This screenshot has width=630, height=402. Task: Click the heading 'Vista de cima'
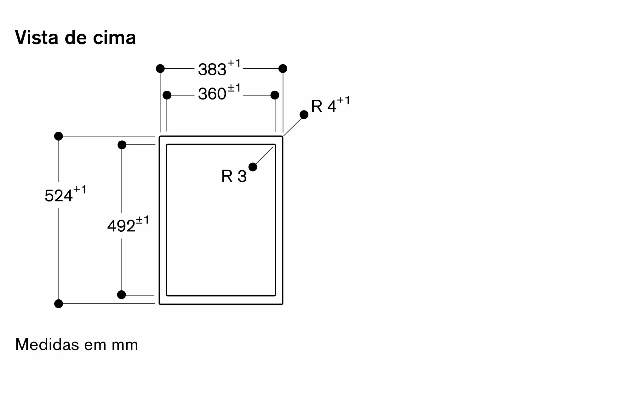(75, 37)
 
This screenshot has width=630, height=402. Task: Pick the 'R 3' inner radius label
(234, 176)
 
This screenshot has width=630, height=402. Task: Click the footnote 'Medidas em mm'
(77, 344)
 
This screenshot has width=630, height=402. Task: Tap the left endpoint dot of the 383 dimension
(160, 68)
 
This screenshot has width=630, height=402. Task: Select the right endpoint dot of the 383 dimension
(283, 68)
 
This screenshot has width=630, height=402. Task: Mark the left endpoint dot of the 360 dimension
(167, 95)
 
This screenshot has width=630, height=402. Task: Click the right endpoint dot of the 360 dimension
(275, 95)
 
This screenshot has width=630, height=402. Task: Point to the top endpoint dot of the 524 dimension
(59, 136)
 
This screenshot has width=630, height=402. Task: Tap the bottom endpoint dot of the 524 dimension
(59, 304)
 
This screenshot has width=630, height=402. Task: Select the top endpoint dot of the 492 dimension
(122, 145)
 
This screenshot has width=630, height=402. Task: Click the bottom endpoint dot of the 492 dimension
(122, 295)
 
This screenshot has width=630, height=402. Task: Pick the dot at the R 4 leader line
(304, 115)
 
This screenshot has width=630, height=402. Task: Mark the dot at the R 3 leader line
(253, 167)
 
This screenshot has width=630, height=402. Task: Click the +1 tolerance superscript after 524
(80, 190)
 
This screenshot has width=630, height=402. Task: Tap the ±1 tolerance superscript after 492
(142, 220)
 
